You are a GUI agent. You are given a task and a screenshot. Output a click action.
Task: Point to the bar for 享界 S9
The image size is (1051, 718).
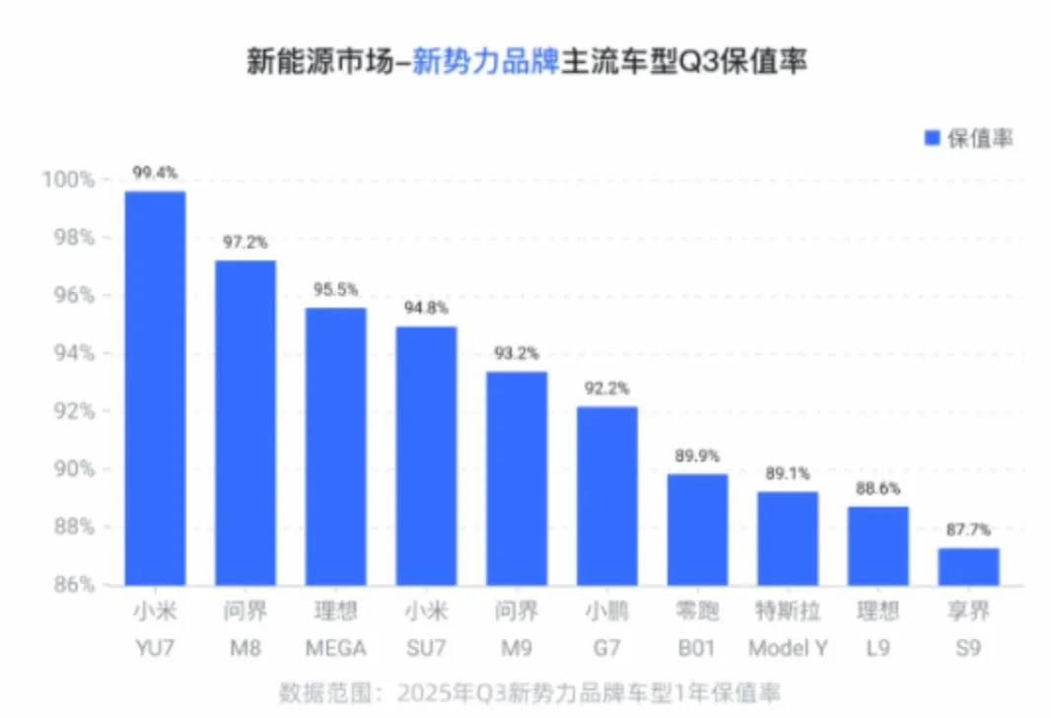point(968,566)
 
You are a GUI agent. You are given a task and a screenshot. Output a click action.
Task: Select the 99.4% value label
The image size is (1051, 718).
point(155,173)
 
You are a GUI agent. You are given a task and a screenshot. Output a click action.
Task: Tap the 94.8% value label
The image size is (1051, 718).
point(426,309)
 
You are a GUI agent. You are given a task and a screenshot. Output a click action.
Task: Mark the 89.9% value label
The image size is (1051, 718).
point(697,456)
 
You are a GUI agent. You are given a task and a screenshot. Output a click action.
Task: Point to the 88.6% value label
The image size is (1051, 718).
point(877,488)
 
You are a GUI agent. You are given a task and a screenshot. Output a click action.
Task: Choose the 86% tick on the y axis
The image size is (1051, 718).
point(70,584)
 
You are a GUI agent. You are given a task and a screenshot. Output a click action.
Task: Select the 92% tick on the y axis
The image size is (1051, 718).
point(70,411)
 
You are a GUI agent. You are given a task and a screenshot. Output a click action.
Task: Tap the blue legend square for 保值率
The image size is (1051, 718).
point(931,139)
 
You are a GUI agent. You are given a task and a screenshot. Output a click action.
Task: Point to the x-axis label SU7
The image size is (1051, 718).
point(426,649)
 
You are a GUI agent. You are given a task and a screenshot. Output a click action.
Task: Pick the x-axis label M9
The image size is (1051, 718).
point(517,649)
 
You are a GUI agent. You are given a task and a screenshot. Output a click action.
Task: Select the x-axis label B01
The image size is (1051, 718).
point(697,649)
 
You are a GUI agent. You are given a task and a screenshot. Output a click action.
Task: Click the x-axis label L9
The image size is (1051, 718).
point(877,649)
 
